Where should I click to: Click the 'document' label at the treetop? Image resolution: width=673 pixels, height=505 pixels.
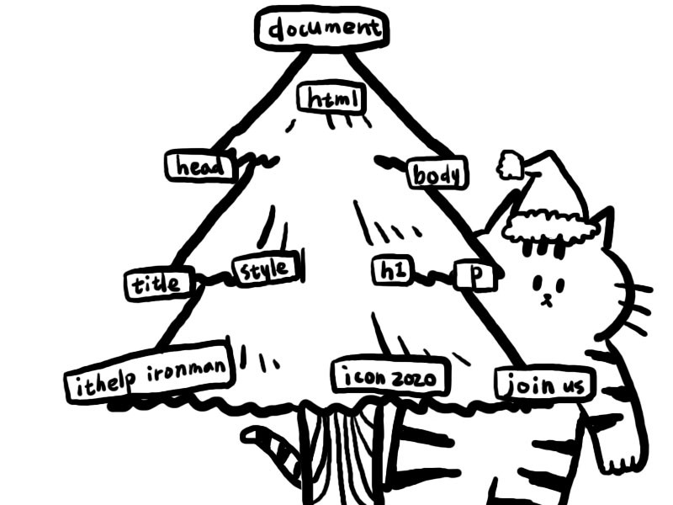pyautogui.click(x=321, y=29)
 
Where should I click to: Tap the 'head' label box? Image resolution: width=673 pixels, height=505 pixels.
pyautogui.click(x=198, y=166)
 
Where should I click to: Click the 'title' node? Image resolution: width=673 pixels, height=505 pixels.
pyautogui.click(x=158, y=284)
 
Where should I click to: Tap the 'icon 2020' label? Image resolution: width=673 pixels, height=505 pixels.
pyautogui.click(x=389, y=378)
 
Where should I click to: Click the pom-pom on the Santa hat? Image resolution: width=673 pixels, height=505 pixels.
pyautogui.click(x=510, y=165)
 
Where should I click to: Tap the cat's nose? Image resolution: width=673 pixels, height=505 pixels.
pyautogui.click(x=547, y=296)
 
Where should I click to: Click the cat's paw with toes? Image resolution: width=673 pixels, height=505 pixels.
pyautogui.click(x=623, y=459)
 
